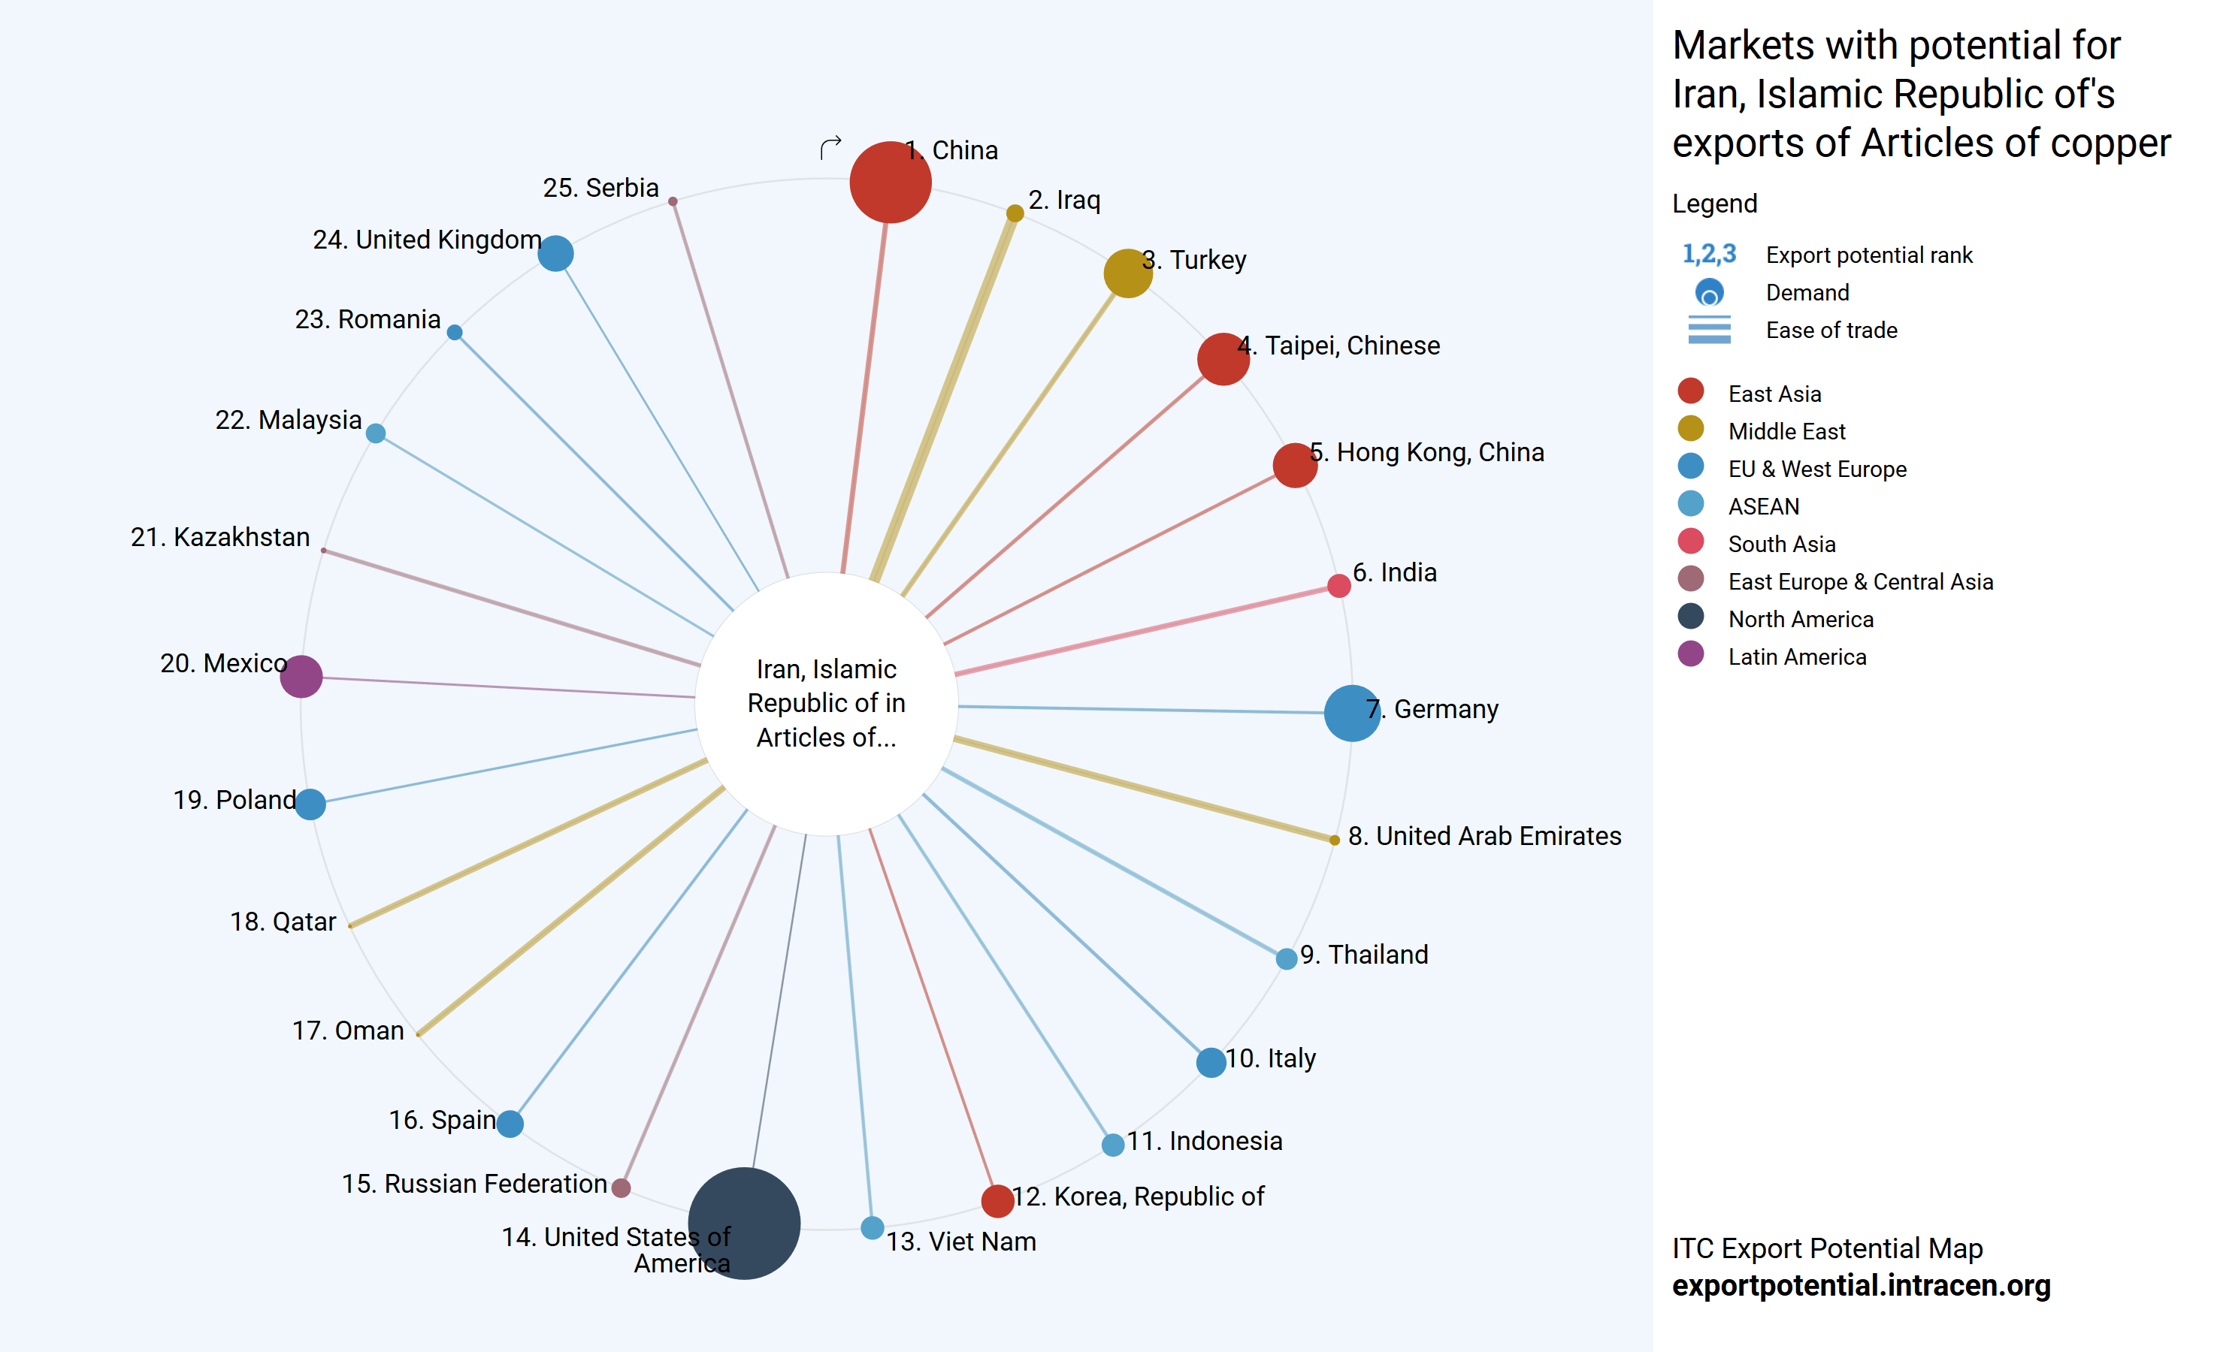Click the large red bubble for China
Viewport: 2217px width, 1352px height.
coord(890,183)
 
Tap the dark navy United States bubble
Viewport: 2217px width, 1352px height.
coord(744,1223)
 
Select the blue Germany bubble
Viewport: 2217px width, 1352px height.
coord(1351,714)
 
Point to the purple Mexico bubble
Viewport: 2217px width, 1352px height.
coord(301,677)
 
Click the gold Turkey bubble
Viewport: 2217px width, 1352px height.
coord(1127,273)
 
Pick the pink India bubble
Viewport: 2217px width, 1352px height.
coord(1338,587)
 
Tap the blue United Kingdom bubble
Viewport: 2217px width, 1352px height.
coord(555,254)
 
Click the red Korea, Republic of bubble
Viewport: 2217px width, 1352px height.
coord(997,1200)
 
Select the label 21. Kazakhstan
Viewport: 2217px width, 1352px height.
coord(220,537)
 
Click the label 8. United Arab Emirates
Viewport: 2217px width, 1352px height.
coord(1484,836)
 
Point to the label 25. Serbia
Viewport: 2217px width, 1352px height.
coord(601,188)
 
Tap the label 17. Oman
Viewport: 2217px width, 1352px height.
coord(348,1030)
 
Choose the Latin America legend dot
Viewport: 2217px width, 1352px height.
coord(1691,654)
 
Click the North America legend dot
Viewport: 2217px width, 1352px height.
coord(1691,616)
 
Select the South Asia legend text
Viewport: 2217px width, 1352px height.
coord(1782,545)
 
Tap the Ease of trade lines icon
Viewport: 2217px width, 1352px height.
coord(1709,330)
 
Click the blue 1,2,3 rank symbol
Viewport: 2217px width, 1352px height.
coord(1709,255)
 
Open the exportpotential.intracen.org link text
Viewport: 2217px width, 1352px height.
coord(1861,1285)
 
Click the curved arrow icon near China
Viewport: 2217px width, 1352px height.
coord(830,146)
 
